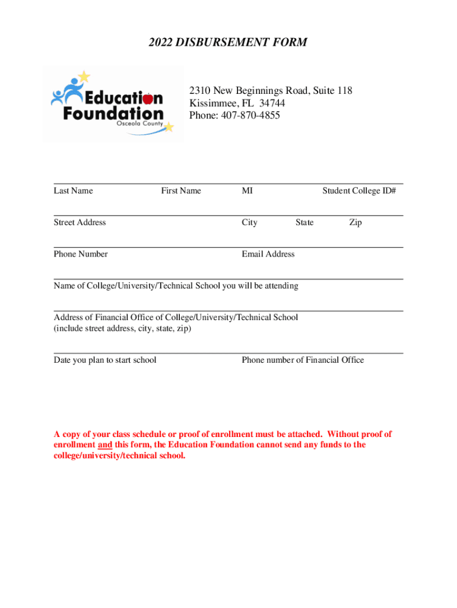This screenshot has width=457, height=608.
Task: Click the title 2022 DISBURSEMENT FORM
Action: coord(228,42)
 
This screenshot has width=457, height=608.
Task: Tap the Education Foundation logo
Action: coord(113,104)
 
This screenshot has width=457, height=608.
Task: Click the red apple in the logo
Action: coord(148,97)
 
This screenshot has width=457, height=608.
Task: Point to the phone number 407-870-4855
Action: coord(248,115)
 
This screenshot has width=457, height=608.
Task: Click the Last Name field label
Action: coord(73,191)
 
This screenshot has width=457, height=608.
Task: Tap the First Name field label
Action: coord(181,191)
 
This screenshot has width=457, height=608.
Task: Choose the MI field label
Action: coord(247,191)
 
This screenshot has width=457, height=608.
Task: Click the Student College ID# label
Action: coord(359,191)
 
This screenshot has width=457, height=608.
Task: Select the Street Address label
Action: coord(80,222)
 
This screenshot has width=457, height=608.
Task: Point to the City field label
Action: coord(249,222)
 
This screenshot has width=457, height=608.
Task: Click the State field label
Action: coord(304,222)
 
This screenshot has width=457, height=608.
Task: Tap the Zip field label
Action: coord(355,222)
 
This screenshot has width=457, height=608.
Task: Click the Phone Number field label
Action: coord(81,254)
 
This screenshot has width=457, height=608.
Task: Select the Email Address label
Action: coord(268,254)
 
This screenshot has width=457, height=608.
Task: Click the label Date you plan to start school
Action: coord(105,360)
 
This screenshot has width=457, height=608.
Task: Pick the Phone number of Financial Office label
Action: coord(303,360)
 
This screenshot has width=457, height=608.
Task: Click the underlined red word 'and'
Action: coord(104,445)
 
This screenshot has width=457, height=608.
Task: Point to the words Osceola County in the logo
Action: coord(139,123)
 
